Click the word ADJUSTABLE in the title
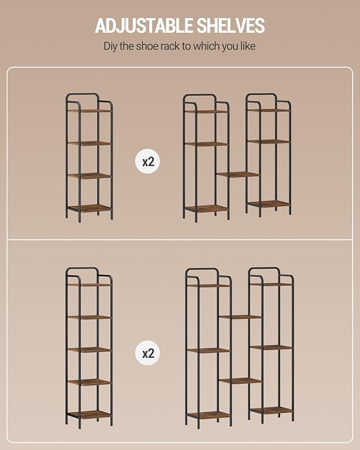click(144, 25)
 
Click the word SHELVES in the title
click(231, 25)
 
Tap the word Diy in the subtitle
click(110, 46)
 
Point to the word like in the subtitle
click(248, 46)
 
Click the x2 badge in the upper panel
click(148, 162)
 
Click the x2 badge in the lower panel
click(148, 353)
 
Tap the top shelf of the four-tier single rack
click(90, 110)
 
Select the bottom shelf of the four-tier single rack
click(90, 208)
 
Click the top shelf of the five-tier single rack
click(89, 285)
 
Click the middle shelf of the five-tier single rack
click(89, 350)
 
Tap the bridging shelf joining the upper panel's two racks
click(238, 174)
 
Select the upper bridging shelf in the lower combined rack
click(240, 317)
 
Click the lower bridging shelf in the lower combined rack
click(241, 381)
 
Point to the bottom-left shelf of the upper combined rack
click(206, 208)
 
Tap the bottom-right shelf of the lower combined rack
click(271, 411)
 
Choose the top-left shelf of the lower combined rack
click(208, 286)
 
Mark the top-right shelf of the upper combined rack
click(269, 110)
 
